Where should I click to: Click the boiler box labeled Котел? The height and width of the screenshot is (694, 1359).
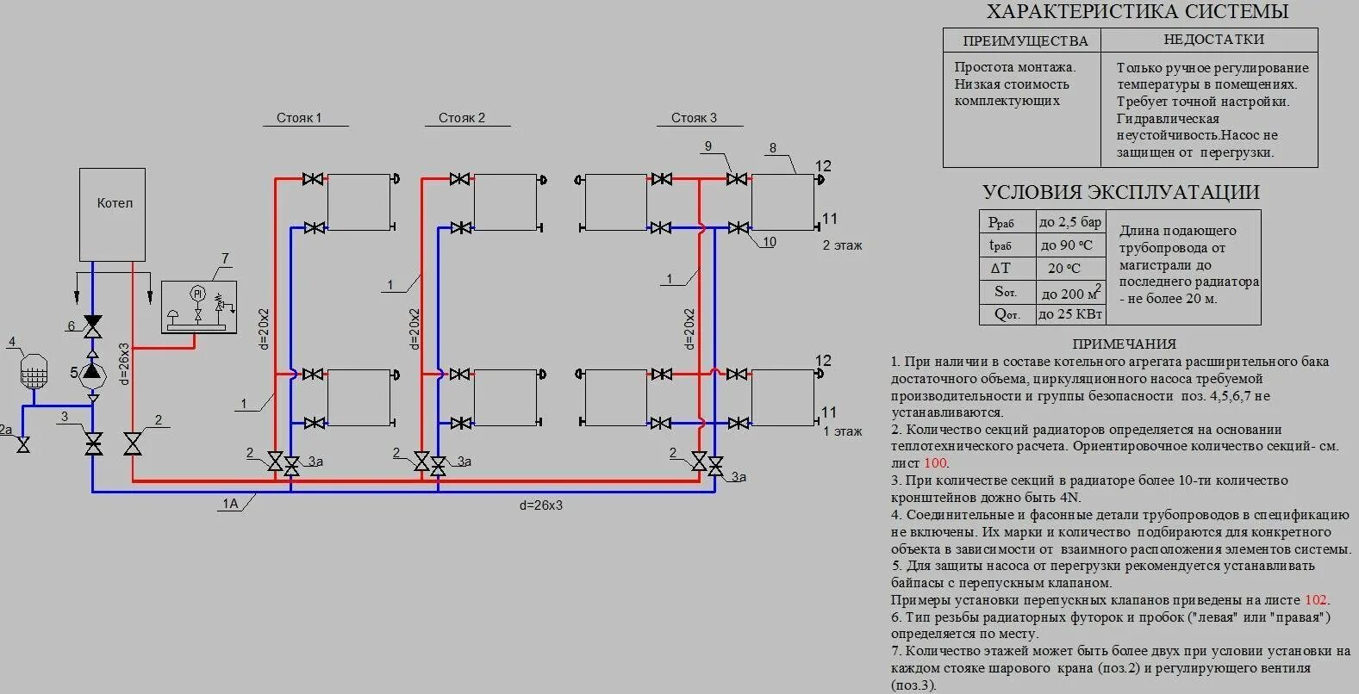click(x=112, y=214)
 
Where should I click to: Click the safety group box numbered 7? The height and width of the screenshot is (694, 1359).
click(x=199, y=307)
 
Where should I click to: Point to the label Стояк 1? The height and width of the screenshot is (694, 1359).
click(x=299, y=118)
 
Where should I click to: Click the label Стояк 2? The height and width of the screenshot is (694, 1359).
click(x=462, y=118)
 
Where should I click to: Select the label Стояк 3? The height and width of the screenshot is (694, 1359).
click(x=694, y=118)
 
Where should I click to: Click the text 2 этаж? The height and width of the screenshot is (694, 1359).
click(x=842, y=245)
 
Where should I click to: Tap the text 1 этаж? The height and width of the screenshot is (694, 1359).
click(x=842, y=431)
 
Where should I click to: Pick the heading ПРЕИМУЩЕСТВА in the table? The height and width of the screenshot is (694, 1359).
click(x=1025, y=40)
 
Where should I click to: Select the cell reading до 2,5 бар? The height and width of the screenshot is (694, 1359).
click(x=1070, y=222)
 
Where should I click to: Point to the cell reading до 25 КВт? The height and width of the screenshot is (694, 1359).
click(x=1070, y=315)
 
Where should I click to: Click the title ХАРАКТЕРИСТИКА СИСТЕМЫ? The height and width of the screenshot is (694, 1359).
click(x=1137, y=12)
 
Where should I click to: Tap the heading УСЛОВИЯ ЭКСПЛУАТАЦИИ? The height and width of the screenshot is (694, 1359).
click(x=1120, y=192)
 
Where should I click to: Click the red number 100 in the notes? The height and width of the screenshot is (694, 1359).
click(x=935, y=463)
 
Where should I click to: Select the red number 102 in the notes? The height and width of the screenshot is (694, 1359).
click(x=1315, y=600)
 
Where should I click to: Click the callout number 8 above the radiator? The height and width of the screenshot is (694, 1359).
click(x=773, y=148)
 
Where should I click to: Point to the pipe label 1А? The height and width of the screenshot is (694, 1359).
click(x=229, y=504)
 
